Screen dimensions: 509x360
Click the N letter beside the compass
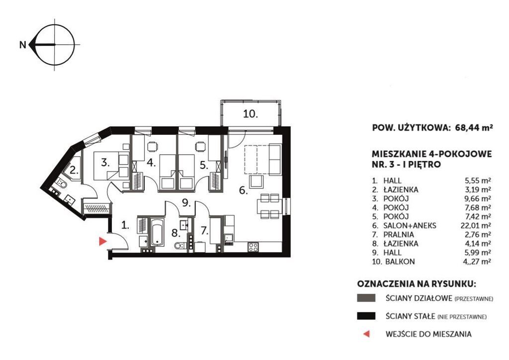pos(23,44)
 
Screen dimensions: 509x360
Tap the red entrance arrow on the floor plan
pos(103,241)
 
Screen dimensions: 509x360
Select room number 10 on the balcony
pos(251,114)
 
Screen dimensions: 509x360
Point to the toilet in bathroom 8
pos(179,246)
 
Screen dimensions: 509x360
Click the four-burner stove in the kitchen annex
pos(253,247)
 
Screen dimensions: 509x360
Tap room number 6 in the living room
pos(243,190)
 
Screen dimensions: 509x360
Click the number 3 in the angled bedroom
pos(104,162)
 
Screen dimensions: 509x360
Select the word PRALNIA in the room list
pos(398,234)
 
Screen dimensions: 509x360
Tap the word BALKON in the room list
pos(400,262)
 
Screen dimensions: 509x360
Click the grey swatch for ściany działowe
pos(366,298)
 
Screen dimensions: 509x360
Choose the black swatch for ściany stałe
pos(366,316)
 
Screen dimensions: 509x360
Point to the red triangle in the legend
pos(366,334)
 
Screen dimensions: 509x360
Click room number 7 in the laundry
pos(204,231)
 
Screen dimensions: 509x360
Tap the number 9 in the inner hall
pos(186,203)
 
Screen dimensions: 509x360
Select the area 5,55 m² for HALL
pos(478,181)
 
